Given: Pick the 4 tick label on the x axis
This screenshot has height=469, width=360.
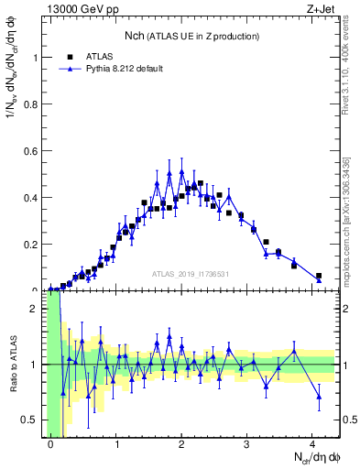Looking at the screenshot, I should (x=312, y=444).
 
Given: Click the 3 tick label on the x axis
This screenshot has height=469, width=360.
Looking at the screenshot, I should (x=247, y=444).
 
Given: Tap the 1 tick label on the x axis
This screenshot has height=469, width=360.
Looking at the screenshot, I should (x=116, y=444).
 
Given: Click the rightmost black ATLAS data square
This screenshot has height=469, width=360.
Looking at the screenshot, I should (x=319, y=276).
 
